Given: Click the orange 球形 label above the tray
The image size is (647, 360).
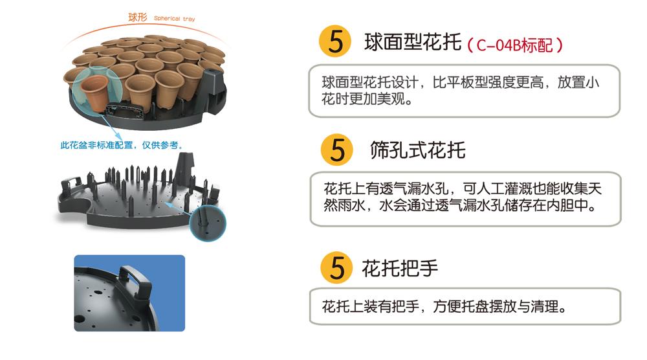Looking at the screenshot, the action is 137,17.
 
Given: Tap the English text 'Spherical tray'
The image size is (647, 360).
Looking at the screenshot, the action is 174,19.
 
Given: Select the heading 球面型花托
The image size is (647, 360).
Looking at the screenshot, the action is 413,42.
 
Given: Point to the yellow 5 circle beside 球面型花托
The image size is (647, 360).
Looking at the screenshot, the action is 335,41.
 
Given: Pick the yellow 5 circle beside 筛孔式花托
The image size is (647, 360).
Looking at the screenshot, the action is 336,150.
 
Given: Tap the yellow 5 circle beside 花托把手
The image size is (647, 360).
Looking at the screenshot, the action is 336,267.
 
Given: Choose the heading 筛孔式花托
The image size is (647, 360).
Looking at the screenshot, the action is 417,150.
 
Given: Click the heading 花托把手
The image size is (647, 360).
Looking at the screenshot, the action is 400,268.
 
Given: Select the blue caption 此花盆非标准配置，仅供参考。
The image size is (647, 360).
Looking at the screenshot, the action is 122,145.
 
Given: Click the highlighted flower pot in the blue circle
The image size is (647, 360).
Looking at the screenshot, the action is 94,93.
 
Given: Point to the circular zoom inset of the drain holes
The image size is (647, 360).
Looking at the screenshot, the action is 208,223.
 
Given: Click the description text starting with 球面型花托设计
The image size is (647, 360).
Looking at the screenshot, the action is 460,91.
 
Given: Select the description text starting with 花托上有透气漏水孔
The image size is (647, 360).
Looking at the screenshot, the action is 463,197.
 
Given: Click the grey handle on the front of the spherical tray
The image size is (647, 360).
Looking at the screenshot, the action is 126,109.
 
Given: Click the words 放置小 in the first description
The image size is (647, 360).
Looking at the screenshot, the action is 578,82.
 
